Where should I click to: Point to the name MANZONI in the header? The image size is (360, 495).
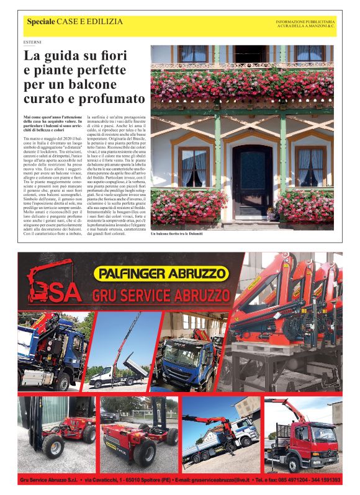(x=314, y=27)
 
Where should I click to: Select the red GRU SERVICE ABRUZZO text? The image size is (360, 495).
(x=163, y=295)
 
